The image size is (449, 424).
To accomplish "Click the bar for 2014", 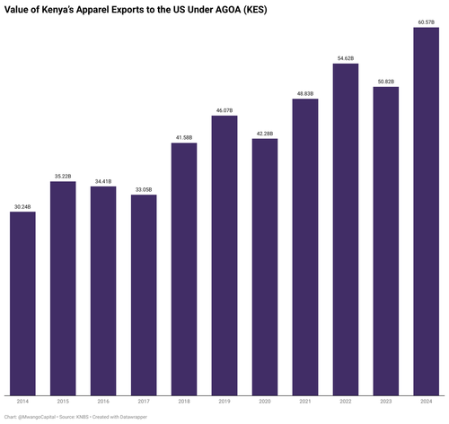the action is click(x=22, y=304).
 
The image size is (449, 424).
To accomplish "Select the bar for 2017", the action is click(x=144, y=295).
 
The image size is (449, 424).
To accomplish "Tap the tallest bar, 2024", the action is click(x=427, y=212).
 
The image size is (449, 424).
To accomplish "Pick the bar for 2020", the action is click(x=265, y=267).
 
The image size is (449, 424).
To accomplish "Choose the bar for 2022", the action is click(x=346, y=229).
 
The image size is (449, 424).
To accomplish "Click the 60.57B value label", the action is click(x=427, y=22).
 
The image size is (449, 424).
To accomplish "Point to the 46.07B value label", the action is click(x=224, y=110).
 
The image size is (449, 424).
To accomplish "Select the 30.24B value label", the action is click(x=22, y=207).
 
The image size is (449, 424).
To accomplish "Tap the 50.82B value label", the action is click(x=386, y=82).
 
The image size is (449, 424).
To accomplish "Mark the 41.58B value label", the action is click(x=184, y=138).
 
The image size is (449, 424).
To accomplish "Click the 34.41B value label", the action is click(x=103, y=181).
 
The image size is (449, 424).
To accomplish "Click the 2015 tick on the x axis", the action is click(x=63, y=402).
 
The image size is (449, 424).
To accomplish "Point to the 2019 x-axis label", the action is click(x=224, y=402).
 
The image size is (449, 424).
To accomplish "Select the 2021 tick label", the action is click(x=305, y=402).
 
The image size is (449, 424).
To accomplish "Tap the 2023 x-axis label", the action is click(x=386, y=402).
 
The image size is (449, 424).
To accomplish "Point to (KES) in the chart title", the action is click(x=255, y=10).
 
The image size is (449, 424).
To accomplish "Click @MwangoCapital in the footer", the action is click(x=37, y=417).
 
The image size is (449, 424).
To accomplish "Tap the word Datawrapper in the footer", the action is click(x=134, y=417).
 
